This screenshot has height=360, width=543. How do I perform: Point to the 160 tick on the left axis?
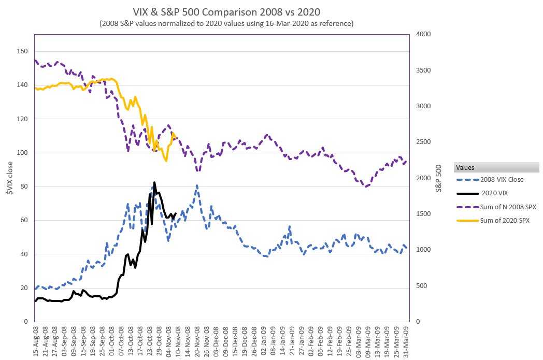pos(21,51)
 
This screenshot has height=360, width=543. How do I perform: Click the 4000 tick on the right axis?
pos(423,34)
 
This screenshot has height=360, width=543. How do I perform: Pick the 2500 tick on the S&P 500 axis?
pos(423,142)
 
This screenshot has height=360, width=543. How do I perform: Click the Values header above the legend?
pos(465,167)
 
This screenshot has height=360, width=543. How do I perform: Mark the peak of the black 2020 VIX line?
pos(154,182)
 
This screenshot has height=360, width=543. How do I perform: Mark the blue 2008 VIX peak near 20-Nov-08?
pos(197,185)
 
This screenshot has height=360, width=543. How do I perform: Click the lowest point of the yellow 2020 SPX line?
pos(166,161)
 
